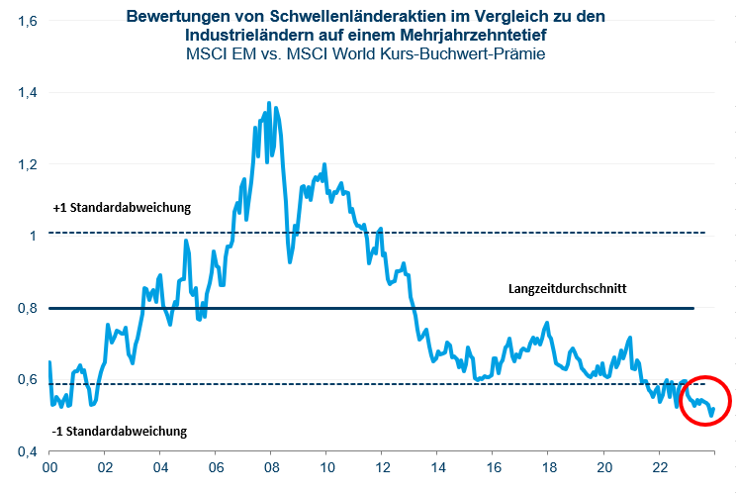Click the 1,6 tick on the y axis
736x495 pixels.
pyautogui.click(x=26, y=20)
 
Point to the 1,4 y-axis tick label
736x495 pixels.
pyautogui.click(x=26, y=92)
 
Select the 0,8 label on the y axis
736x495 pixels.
pyautogui.click(x=26, y=308)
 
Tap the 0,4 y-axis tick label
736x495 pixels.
pyautogui.click(x=26, y=451)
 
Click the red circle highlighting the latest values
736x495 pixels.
pyautogui.click(x=705, y=400)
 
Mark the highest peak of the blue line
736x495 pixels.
pyautogui.click(x=269, y=102)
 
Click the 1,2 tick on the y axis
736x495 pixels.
pyautogui.click(x=26, y=164)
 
